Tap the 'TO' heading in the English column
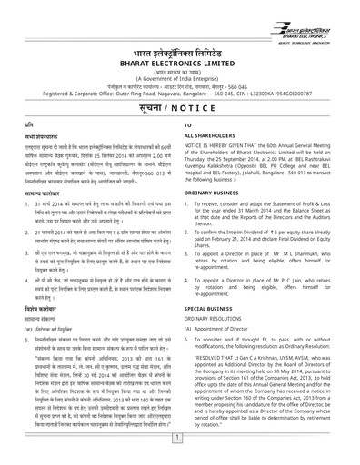tap(188, 123)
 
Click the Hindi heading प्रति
tap(16, 124)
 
